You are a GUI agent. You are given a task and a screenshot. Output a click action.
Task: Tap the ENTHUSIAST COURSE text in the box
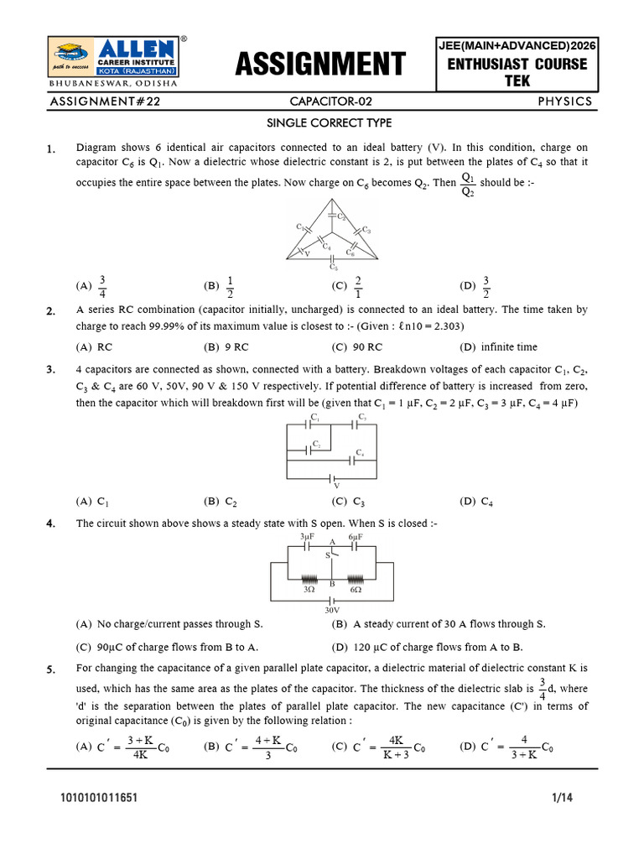517,65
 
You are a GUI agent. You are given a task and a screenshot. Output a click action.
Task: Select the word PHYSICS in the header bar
565,102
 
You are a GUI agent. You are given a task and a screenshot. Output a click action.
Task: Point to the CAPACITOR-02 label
330,102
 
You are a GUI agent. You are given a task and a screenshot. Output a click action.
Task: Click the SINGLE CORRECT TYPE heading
318,123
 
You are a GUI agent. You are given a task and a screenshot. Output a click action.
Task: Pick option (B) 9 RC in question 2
226,347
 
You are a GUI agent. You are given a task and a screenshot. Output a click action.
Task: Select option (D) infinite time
499,347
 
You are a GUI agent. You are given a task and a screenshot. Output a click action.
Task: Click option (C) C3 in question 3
349,502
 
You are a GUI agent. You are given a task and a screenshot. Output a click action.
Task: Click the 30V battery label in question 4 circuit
333,612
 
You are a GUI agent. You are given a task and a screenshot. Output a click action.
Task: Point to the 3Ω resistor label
309,590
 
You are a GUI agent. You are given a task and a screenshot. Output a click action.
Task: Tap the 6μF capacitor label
356,536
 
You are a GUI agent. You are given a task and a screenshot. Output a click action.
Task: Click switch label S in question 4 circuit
326,554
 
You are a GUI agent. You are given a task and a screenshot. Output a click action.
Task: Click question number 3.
51,369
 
